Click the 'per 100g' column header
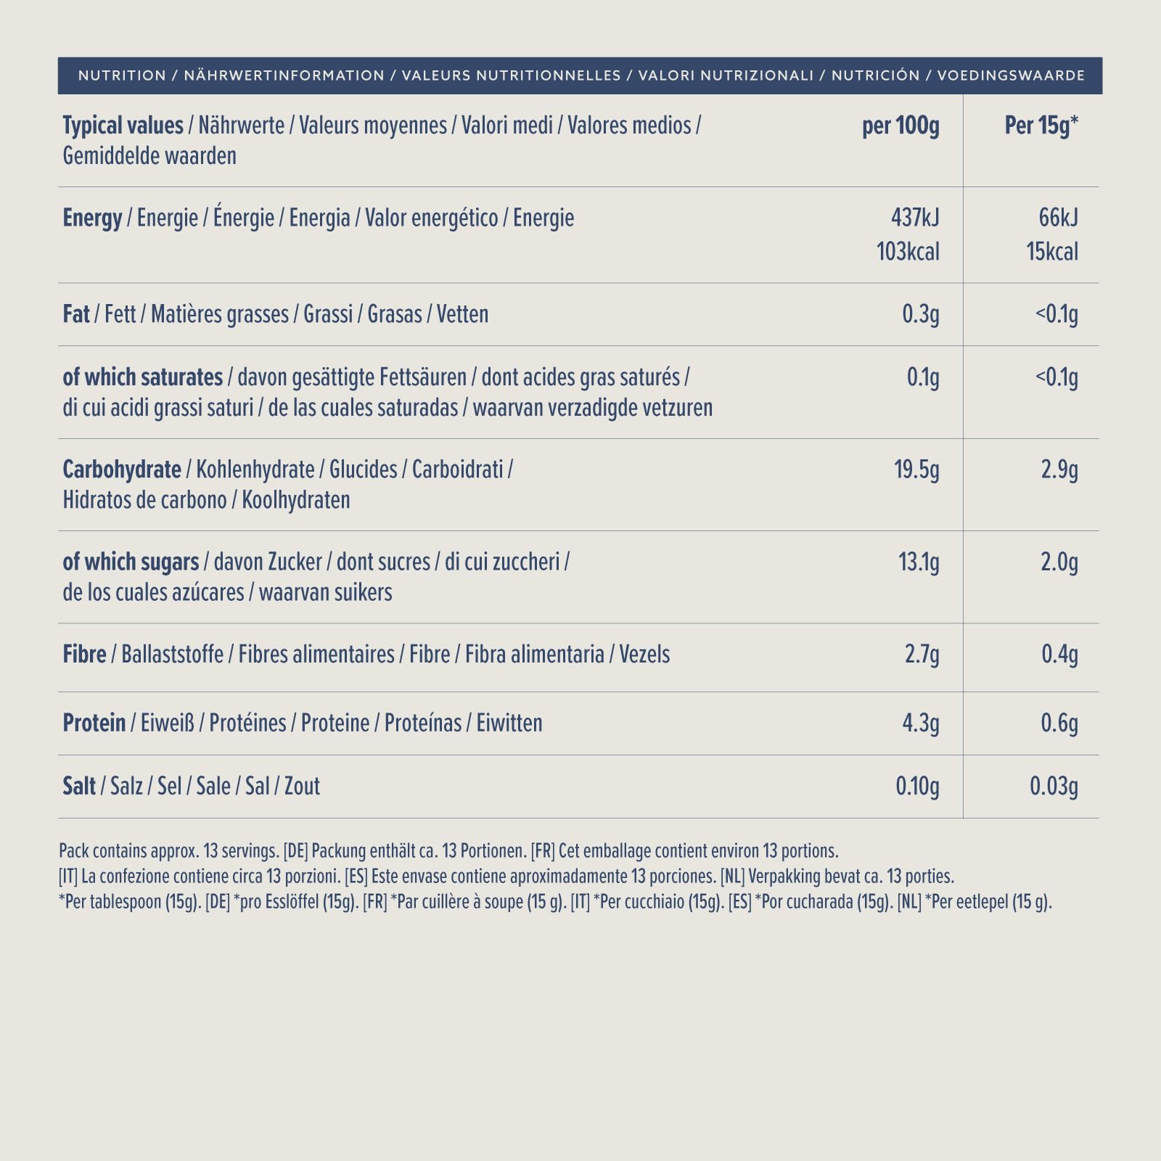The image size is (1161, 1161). point(901,126)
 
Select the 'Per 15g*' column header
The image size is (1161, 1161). point(1041,126)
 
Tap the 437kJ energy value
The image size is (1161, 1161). point(915,218)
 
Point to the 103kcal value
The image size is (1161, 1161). point(908,252)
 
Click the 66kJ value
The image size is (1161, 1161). point(1059,218)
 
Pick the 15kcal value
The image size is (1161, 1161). point(1052,252)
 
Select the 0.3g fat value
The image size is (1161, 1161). point(921,314)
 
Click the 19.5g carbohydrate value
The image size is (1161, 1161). point(916,470)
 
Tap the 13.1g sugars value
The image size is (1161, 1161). point(919,562)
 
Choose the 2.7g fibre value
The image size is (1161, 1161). point(922,655)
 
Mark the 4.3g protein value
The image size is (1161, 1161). point(921,723)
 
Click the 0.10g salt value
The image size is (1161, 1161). point(918,787)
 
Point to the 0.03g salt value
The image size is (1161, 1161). point(1054,787)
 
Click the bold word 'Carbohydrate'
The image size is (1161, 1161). point(122,470)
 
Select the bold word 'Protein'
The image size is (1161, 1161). point(94,723)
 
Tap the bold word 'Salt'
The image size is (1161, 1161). point(79,787)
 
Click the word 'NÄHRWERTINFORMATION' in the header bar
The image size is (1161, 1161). point(284,75)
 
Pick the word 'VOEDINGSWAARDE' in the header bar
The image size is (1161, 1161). point(1012,75)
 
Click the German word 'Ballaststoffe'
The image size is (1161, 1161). point(173,655)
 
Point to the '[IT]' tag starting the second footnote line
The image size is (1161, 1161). point(68,877)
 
